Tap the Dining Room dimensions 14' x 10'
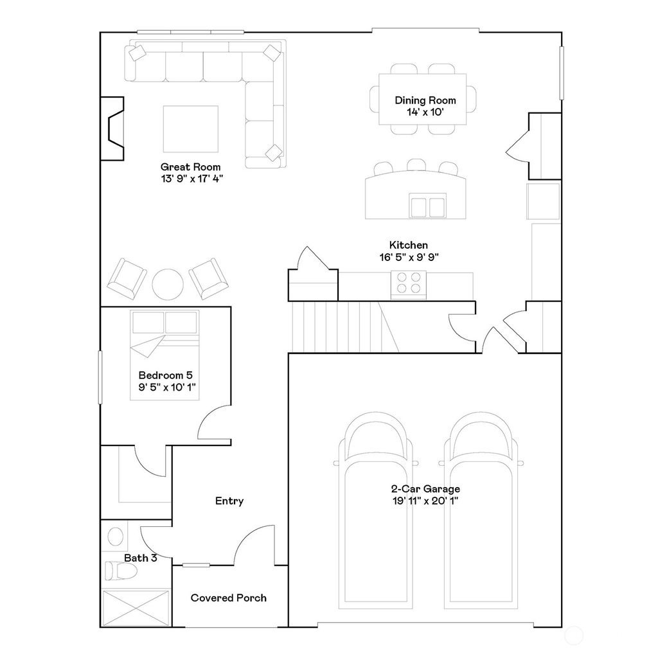pos(425,112)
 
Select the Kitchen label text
pos(409,245)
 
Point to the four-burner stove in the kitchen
pos(409,283)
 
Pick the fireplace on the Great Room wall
pos(112,127)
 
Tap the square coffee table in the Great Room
pos(190,129)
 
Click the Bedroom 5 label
pos(166,375)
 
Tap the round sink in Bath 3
pos(116,535)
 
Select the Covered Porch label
pos(229,598)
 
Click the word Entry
pos(229,501)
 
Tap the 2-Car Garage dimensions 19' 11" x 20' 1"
pos(426,501)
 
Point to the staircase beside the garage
pos(341,327)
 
